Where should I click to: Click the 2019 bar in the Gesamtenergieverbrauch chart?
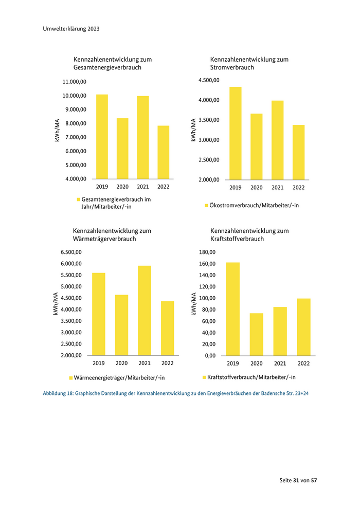(x=102, y=137)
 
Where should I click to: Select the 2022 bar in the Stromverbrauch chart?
(x=299, y=152)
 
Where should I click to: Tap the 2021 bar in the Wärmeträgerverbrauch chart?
(x=145, y=311)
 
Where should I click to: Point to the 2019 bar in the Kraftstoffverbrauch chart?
(x=232, y=309)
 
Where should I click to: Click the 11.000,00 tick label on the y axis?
(x=74, y=82)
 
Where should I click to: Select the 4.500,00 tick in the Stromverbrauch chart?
(x=209, y=80)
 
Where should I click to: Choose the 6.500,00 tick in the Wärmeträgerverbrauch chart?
(x=71, y=252)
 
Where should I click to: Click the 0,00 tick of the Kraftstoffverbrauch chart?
(x=210, y=355)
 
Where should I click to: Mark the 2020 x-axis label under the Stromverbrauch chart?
(x=257, y=188)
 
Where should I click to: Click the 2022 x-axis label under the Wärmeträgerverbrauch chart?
(x=167, y=363)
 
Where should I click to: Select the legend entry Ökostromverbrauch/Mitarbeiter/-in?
(x=254, y=206)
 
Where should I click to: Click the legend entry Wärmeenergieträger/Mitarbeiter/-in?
(x=119, y=378)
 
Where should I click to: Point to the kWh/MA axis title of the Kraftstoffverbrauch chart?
(x=193, y=303)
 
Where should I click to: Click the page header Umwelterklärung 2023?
(x=71, y=29)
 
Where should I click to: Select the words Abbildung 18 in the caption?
(x=58, y=394)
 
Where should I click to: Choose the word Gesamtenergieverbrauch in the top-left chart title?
(x=107, y=67)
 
